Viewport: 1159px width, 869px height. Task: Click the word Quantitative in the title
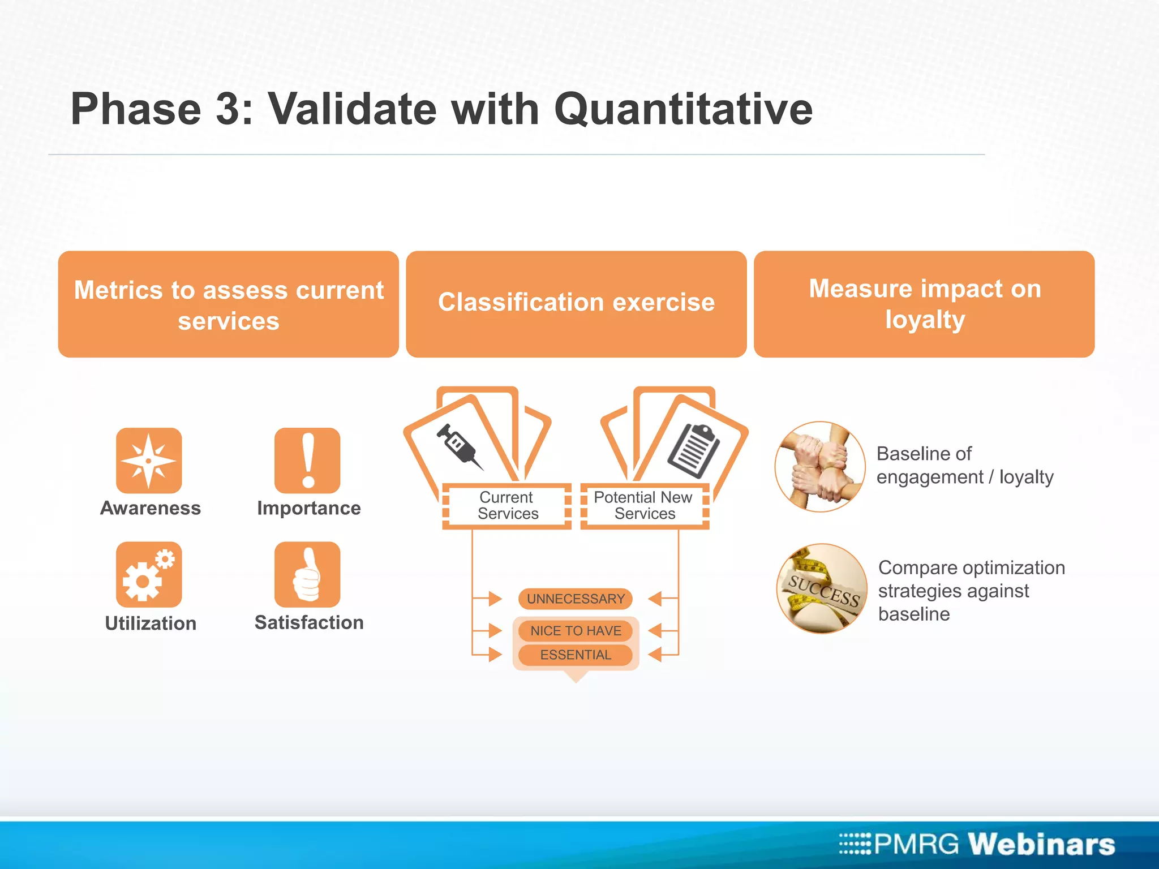click(683, 109)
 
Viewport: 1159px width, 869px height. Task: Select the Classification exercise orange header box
click(576, 304)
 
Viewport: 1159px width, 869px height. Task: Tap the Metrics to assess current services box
click(229, 304)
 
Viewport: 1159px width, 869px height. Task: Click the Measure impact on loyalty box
click(924, 304)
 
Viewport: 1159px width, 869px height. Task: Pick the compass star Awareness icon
click(149, 461)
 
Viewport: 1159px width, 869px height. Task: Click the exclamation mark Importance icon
click(307, 461)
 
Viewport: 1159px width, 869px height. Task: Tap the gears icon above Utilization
click(149, 575)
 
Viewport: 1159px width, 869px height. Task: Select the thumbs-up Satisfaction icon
click(307, 575)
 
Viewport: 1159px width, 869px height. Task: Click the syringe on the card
click(459, 446)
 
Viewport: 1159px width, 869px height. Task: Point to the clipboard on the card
click(694, 450)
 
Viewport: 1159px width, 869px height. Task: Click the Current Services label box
click(507, 506)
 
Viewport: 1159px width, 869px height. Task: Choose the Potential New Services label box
click(644, 506)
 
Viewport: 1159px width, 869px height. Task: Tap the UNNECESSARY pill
click(576, 599)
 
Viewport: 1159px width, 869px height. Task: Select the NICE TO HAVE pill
click(576, 631)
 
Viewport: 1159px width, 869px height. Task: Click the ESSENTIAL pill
click(576, 655)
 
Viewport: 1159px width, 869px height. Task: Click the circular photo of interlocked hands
click(820, 467)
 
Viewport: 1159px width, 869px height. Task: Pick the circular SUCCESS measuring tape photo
click(822, 589)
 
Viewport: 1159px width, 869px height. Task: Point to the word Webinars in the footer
click(1041, 844)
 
